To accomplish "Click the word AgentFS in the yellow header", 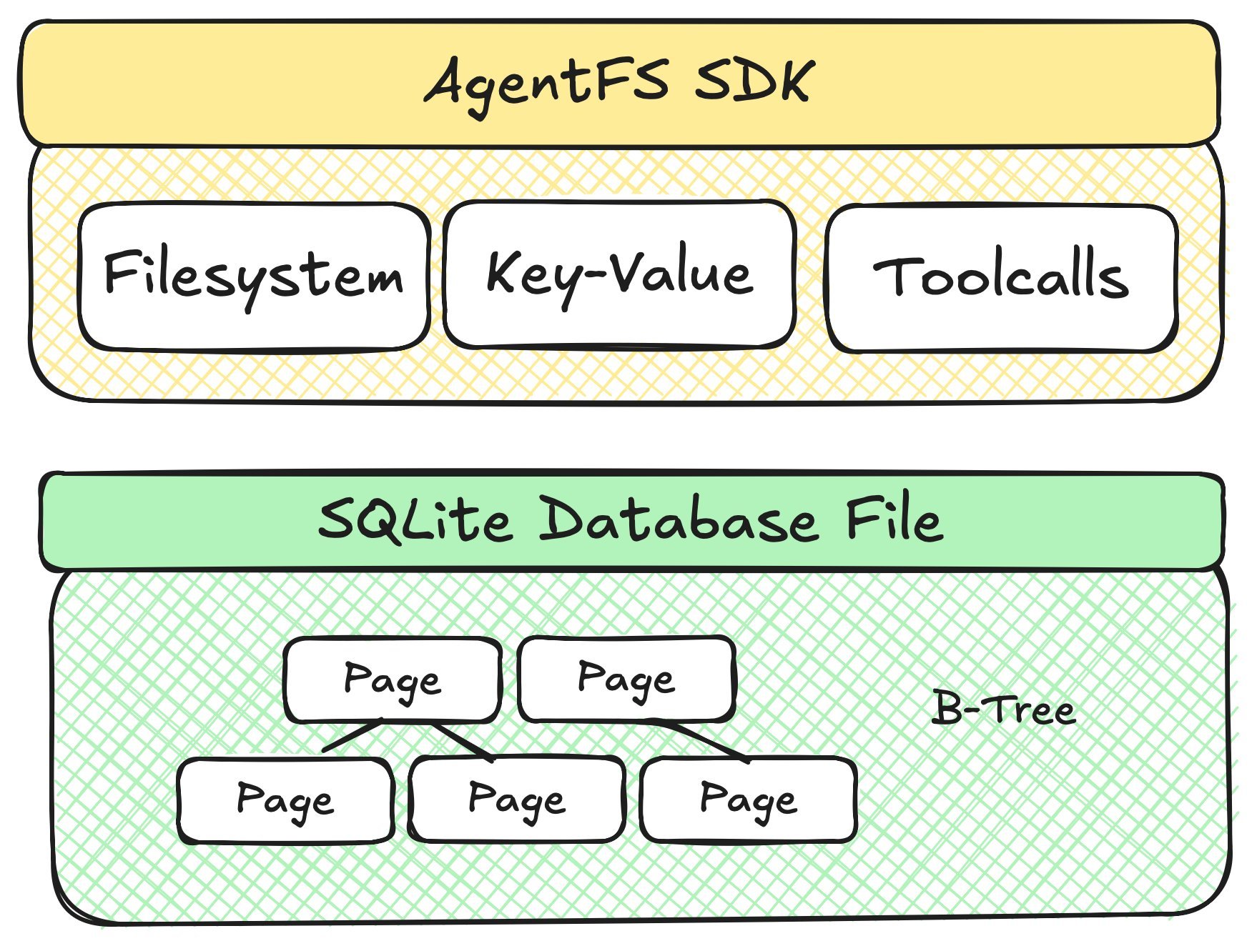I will pyautogui.click(x=547, y=82).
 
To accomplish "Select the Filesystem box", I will pyautogui.click(x=254, y=277).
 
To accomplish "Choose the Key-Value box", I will pyautogui.click(x=619, y=274).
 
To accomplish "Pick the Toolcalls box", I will pyautogui.click(x=1001, y=278).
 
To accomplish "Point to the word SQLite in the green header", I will pyautogui.click(x=415, y=520).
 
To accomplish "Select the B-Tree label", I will pyautogui.click(x=1004, y=709).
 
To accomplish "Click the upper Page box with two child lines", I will pyautogui.click(x=393, y=679).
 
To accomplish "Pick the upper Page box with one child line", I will pyautogui.click(x=626, y=679).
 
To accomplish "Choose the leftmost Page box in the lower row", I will pyautogui.click(x=285, y=800).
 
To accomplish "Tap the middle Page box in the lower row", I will pyautogui.click(x=517, y=800).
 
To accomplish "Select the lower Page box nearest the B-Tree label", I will pyautogui.click(x=749, y=800).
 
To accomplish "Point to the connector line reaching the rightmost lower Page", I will pyautogui.click(x=704, y=741).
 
